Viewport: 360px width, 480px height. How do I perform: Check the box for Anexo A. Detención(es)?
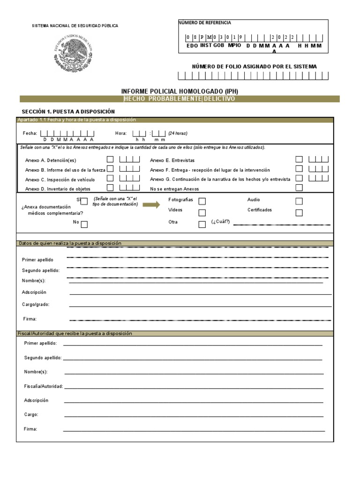(x=110, y=159)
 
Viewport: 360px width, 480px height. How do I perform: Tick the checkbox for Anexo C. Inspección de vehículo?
(x=110, y=178)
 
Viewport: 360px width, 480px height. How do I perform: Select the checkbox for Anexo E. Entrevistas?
(x=299, y=159)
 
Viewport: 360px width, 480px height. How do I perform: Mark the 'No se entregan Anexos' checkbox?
(x=299, y=188)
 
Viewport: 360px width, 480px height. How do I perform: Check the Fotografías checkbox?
(x=202, y=201)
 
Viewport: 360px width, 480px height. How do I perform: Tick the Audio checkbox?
(x=299, y=201)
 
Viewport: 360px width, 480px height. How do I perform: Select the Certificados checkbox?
(x=299, y=213)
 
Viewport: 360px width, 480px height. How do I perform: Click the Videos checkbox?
(x=202, y=213)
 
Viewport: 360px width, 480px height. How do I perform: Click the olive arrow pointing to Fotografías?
(x=151, y=205)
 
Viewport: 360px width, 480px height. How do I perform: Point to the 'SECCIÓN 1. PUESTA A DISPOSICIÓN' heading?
(x=68, y=112)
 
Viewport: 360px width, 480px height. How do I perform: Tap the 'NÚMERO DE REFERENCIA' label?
(x=204, y=22)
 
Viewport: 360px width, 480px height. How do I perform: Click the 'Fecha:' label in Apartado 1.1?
(x=30, y=133)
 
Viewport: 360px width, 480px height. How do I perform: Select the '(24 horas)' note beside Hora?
(x=178, y=133)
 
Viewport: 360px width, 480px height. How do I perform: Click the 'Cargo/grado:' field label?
(x=36, y=304)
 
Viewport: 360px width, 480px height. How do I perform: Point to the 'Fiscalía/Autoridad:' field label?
(x=43, y=386)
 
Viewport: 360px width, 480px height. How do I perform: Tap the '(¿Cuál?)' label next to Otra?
(x=221, y=222)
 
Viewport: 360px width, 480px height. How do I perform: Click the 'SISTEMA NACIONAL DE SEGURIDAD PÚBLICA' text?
(x=75, y=26)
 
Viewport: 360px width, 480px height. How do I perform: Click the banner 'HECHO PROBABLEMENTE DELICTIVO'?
(x=180, y=99)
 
